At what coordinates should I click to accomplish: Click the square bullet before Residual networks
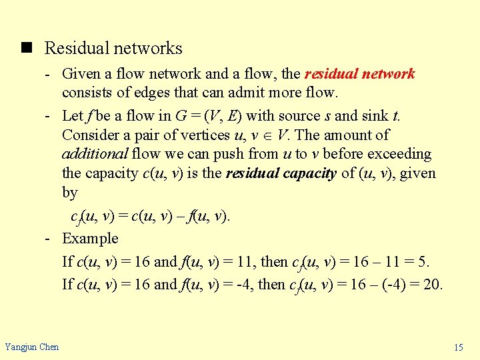pos(26,48)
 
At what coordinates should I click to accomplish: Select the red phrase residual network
pos(361,73)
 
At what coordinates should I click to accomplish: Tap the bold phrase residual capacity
pos(281,173)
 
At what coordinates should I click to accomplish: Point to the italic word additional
pos(94,154)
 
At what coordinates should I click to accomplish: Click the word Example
pos(90,238)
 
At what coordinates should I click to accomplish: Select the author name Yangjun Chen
pos(32,347)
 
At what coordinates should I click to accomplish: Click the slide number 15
pos(458,347)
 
